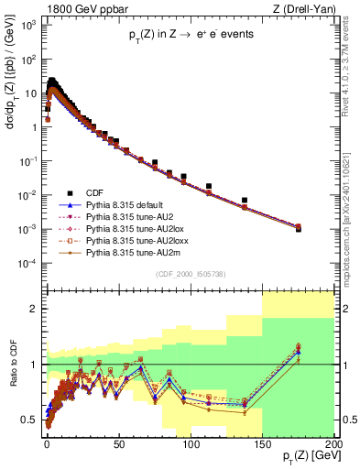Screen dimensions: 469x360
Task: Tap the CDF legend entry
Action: (x=95, y=193)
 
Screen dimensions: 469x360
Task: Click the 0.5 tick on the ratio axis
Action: (x=31, y=420)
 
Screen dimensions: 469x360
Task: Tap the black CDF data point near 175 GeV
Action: (x=298, y=229)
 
